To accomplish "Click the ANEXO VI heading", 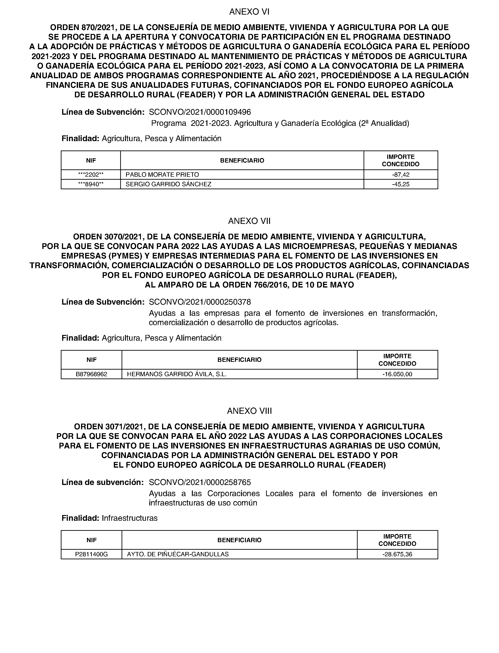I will coord(249,12).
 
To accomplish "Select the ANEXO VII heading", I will coord(249,221).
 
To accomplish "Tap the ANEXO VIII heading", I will coord(249,411).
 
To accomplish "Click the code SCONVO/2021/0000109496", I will coord(200,112).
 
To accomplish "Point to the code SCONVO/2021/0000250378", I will coord(200,302).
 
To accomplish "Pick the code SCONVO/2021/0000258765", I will coord(200,482).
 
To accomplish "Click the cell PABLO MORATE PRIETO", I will coord(162,175).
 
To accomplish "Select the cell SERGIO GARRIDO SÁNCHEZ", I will coord(168,184).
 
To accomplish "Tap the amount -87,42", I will coord(400,175).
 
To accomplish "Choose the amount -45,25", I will coord(400,184).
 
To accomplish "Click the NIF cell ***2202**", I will coord(91,175).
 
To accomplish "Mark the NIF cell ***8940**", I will coord(91,184).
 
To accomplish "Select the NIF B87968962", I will coord(92,374).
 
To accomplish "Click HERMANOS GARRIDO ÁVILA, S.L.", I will coord(176,374).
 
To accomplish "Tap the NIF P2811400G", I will coord(92,555).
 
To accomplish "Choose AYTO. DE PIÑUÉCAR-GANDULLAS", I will coord(178,555).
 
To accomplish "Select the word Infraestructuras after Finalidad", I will coord(130,518).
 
